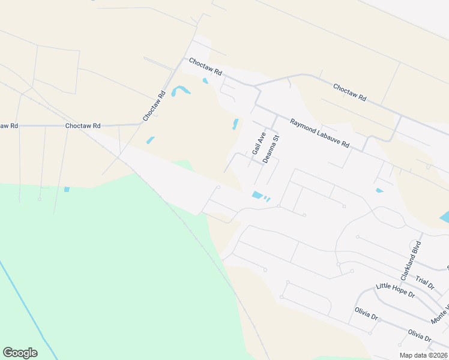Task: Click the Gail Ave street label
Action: [259, 143]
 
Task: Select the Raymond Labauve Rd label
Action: [319, 133]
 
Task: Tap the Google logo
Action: [20, 353]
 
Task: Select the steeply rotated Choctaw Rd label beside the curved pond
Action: [154, 106]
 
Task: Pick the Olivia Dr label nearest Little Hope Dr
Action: [366, 314]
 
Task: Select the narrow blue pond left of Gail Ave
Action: [235, 124]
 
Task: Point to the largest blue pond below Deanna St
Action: [257, 195]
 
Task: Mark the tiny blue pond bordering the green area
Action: [67, 189]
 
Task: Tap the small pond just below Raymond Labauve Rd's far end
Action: [379, 191]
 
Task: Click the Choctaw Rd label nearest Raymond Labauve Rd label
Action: [349, 92]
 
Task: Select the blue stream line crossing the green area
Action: [24, 306]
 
